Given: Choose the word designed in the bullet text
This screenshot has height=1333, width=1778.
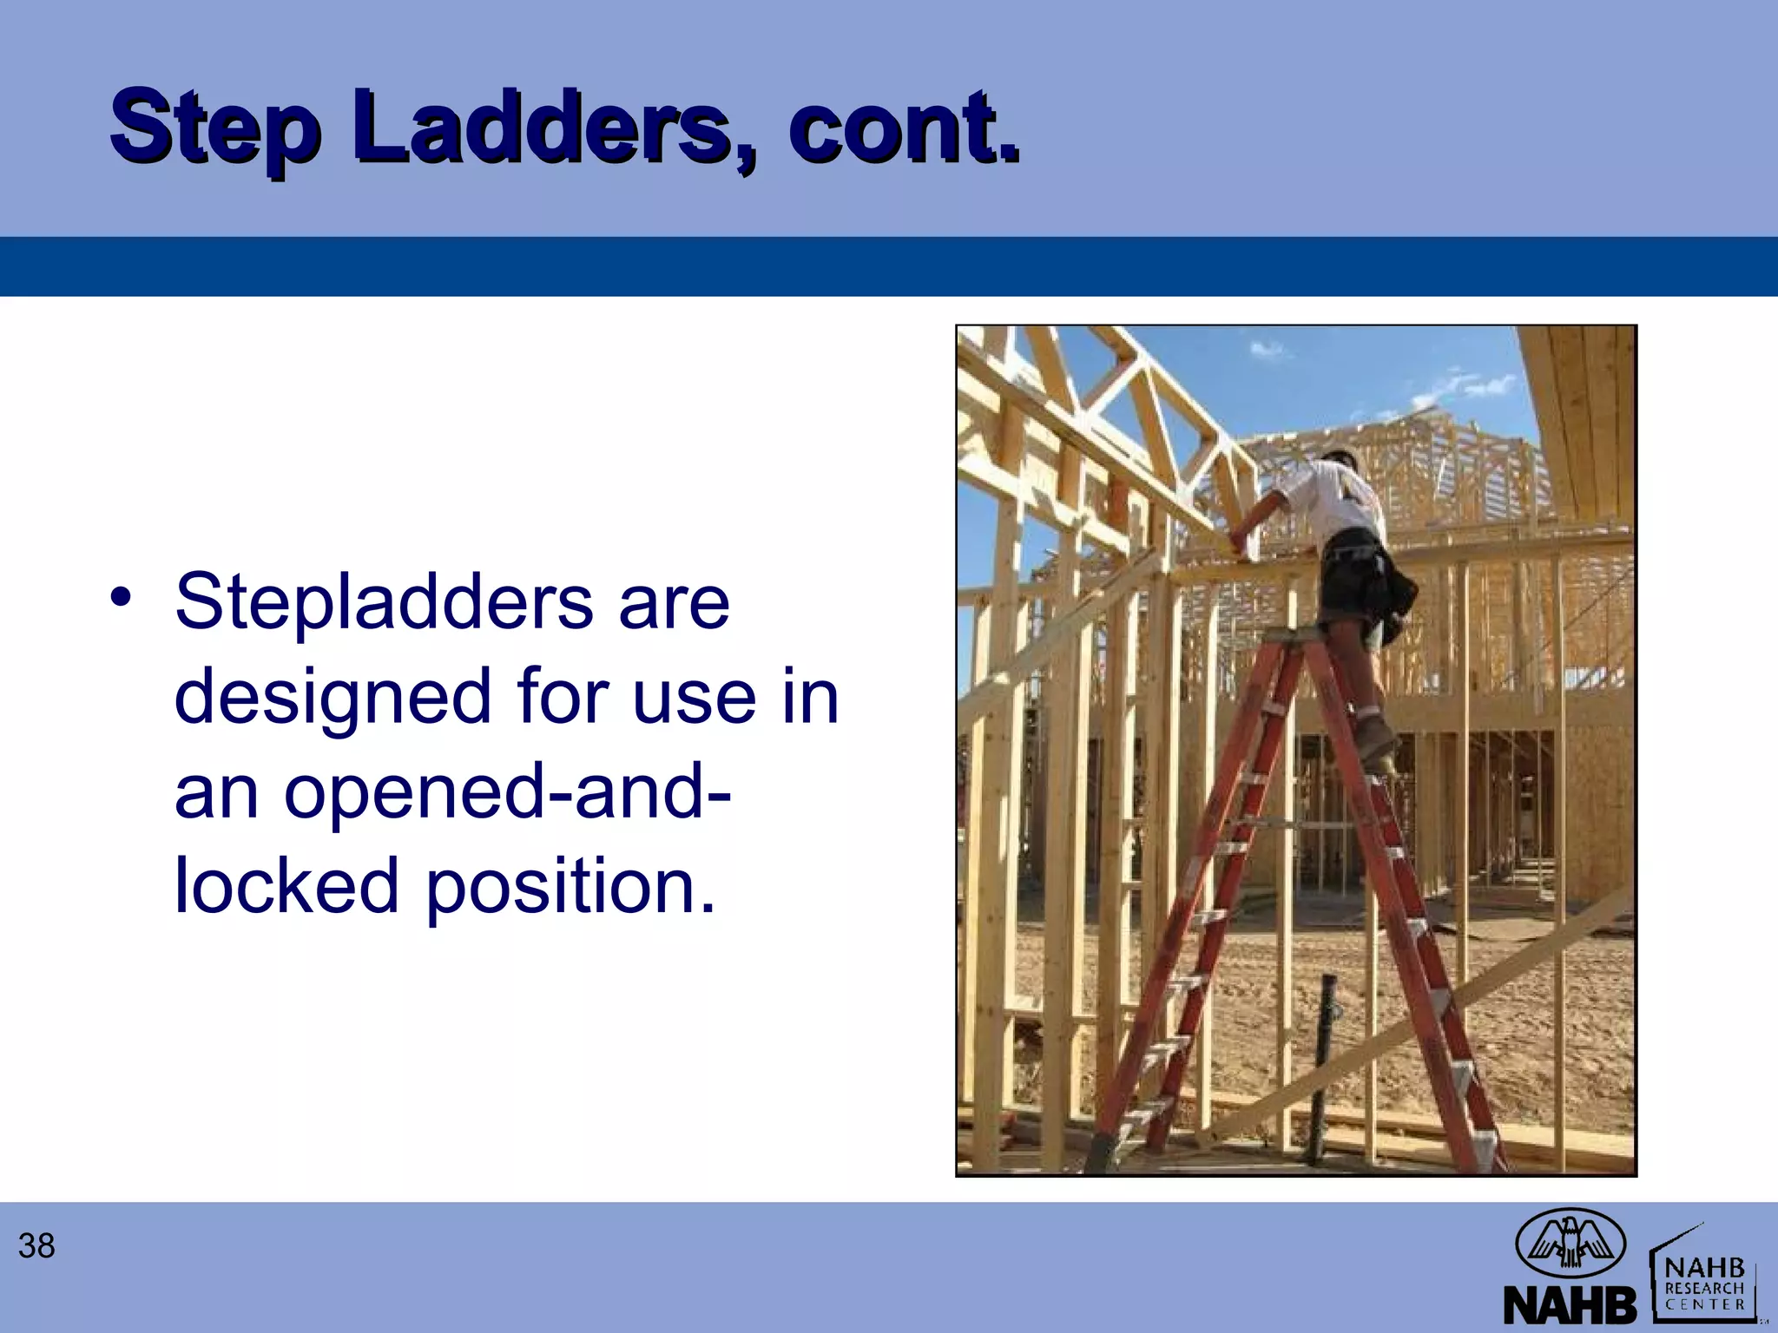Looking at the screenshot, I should click(333, 699).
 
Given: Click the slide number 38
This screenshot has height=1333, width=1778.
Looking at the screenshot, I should click(36, 1246).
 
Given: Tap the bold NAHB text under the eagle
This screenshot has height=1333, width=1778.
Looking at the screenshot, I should click(1569, 1304).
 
